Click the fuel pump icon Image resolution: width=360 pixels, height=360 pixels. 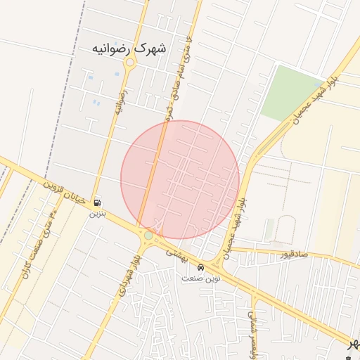(x=96, y=203)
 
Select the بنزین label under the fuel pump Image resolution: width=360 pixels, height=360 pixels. (x=95, y=214)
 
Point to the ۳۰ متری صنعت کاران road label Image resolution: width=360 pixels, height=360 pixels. (x=38, y=242)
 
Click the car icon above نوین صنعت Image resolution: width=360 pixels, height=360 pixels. (x=202, y=268)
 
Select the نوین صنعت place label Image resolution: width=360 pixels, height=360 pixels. (x=201, y=278)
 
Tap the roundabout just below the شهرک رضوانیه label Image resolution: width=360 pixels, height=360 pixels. (x=129, y=63)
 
